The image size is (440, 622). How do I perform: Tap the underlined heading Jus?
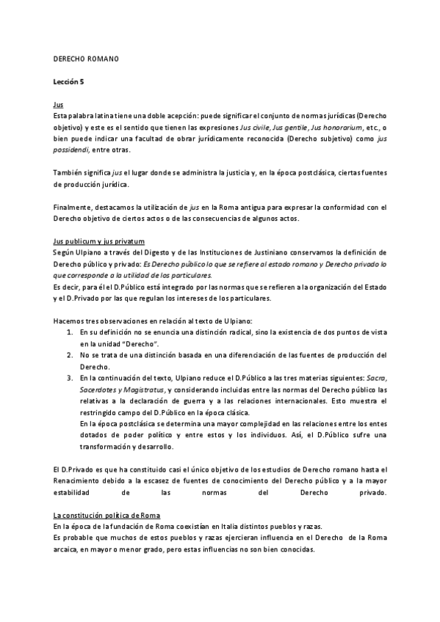[59, 105]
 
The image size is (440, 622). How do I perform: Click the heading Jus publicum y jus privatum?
[99, 241]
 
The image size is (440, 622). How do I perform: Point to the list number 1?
[68, 333]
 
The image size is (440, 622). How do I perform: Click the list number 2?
[68, 355]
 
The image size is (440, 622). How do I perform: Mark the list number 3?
[68, 377]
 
